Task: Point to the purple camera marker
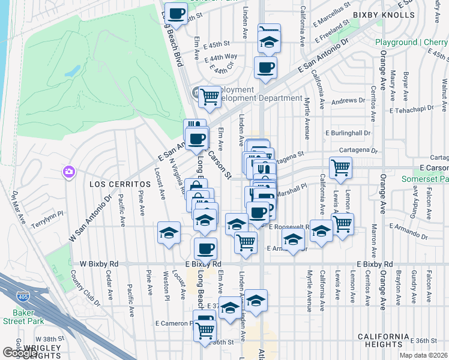pos(69,172)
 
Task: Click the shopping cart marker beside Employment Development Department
pos(209,96)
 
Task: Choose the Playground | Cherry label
pos(411,43)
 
